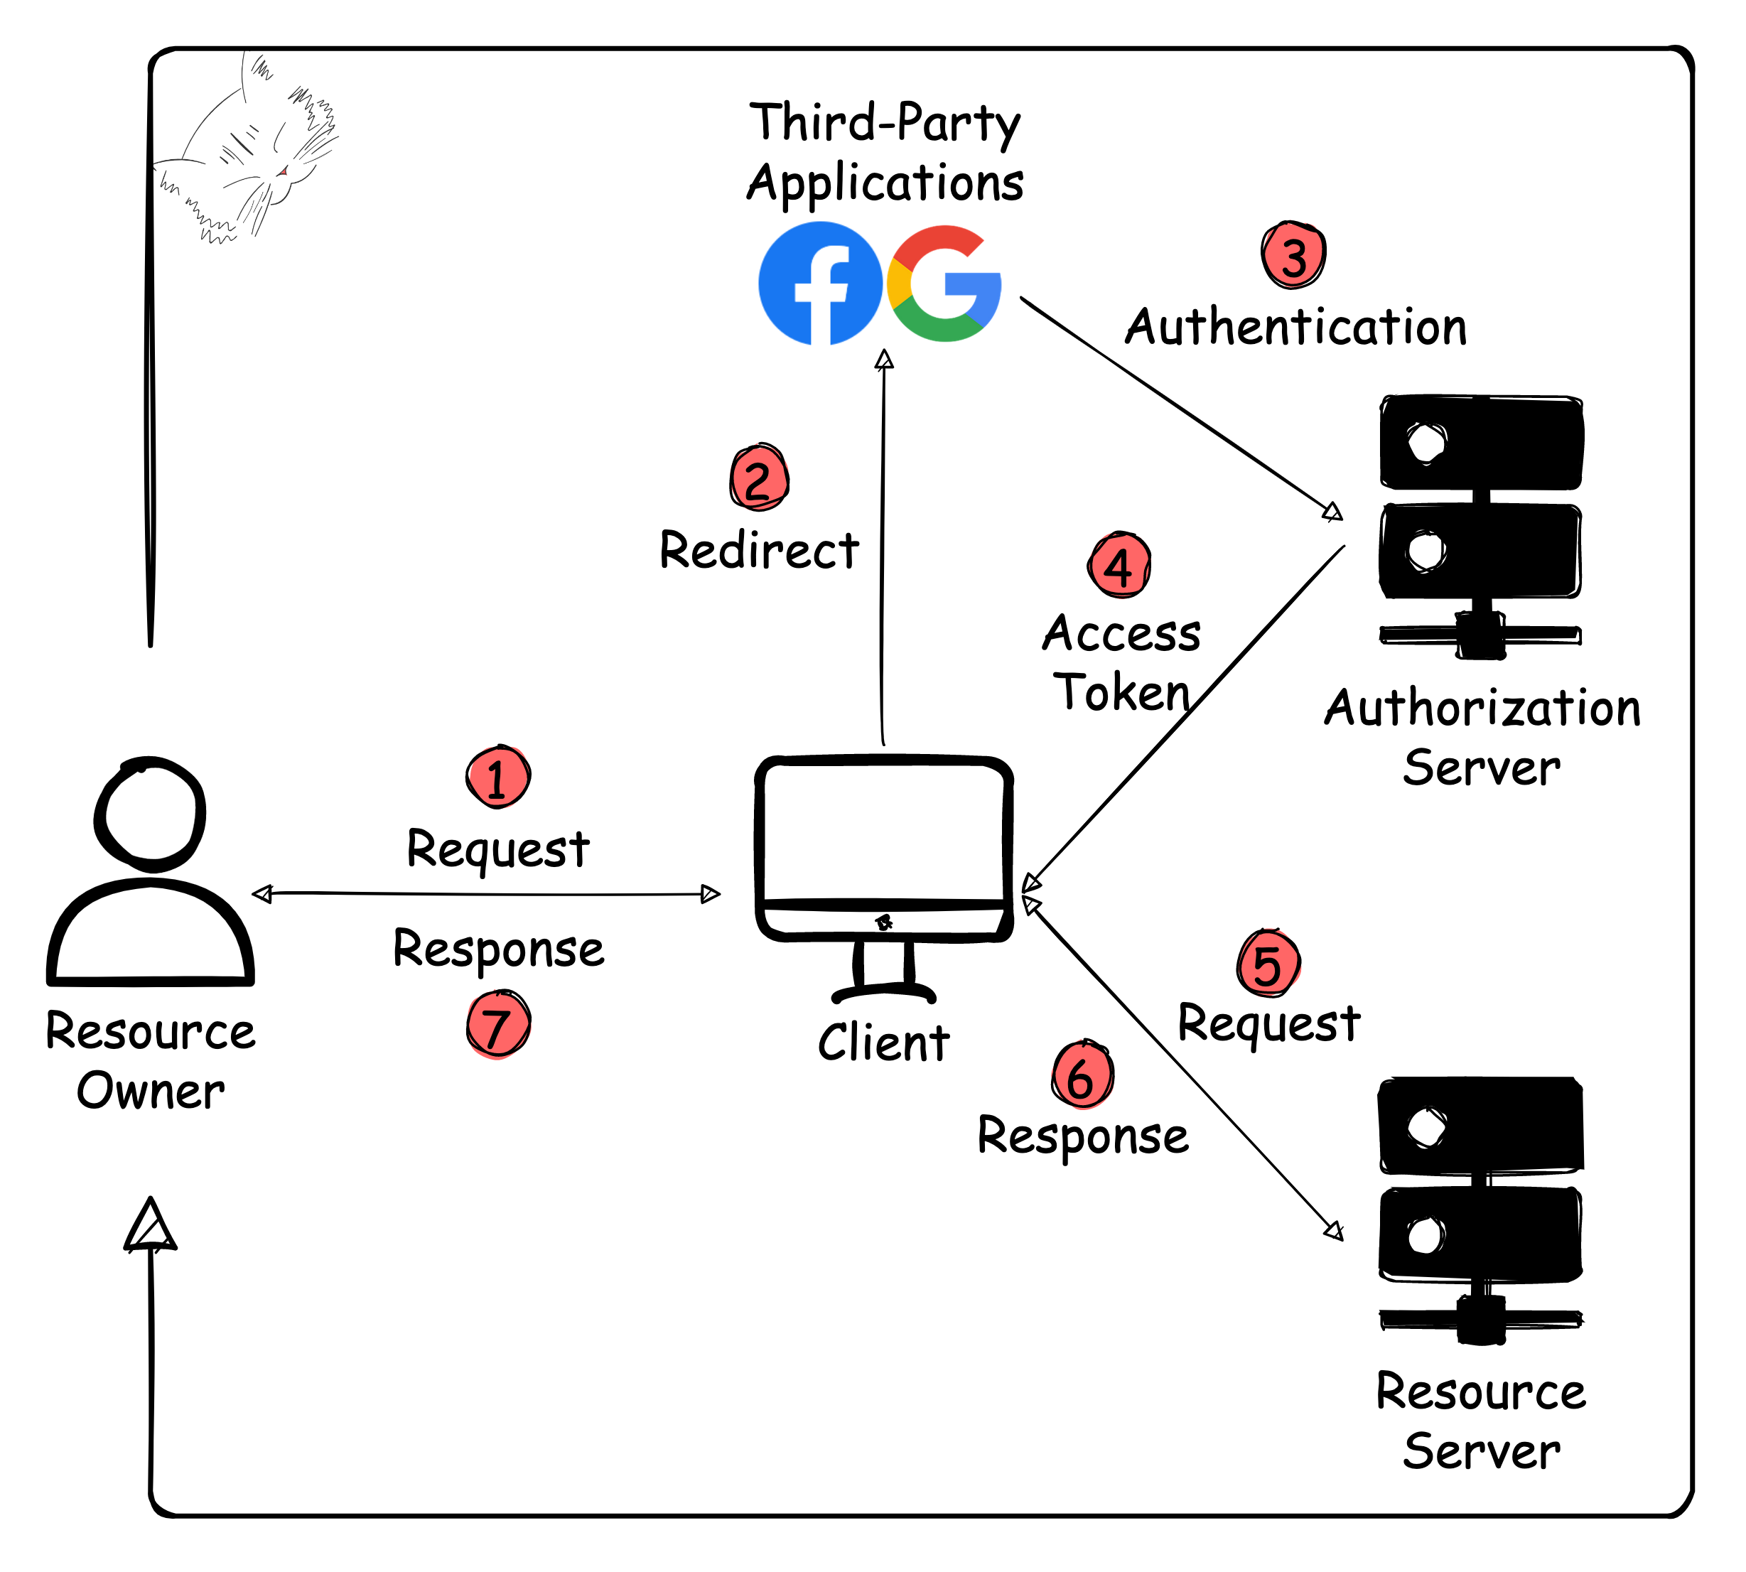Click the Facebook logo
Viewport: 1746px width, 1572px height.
pos(819,284)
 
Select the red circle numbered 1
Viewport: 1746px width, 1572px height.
pos(497,777)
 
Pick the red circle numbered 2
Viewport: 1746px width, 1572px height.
pos(759,478)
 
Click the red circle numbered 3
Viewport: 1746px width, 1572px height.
pos(1293,256)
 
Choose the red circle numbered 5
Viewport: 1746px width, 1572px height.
pos(1268,963)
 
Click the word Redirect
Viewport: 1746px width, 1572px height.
pos(759,550)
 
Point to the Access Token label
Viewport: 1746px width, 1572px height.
pos(1121,662)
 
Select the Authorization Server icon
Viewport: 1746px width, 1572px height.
pos(1480,527)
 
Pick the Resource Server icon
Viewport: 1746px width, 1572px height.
pos(1480,1210)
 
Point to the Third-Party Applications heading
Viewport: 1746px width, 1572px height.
pos(885,152)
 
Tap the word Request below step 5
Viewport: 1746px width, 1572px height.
pos(1268,1023)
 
